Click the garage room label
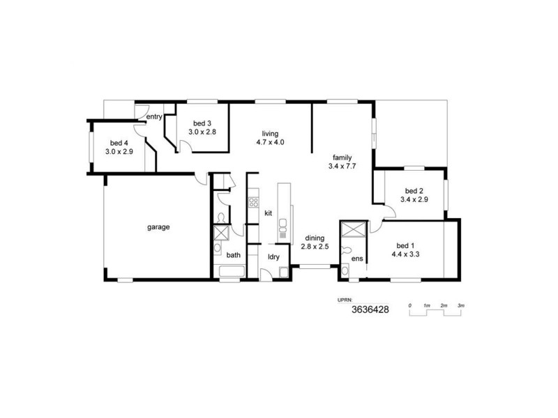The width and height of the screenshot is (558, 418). coord(158,227)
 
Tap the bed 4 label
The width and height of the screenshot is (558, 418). coord(119,142)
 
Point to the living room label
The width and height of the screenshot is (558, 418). coord(270,134)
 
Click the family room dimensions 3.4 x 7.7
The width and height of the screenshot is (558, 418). coord(342,167)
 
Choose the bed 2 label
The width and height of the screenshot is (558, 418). coord(414,191)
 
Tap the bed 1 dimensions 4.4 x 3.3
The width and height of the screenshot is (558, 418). coord(405,254)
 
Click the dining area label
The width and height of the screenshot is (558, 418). coord(315,238)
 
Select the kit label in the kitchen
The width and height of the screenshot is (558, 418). coord(268,213)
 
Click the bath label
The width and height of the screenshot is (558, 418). coord(233,255)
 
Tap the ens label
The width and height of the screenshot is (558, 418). coord(357,258)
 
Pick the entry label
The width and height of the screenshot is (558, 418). coord(154,117)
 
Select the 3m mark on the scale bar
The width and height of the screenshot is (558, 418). coord(461,306)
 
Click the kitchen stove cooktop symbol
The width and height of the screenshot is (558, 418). coord(253,203)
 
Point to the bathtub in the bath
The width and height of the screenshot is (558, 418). coord(232,272)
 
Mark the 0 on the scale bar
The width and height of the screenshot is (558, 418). coord(410,306)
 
